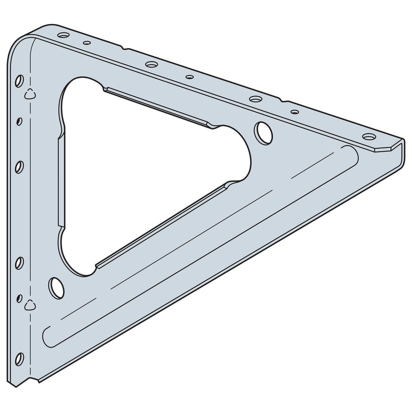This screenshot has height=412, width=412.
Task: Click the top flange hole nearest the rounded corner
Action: click(x=63, y=36)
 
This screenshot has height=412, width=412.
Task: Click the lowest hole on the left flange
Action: click(x=20, y=358)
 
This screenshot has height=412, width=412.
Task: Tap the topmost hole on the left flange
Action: click(x=19, y=80)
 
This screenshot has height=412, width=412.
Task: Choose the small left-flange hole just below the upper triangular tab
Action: click(x=19, y=120)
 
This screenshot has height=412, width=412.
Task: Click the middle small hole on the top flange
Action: click(x=190, y=77)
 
